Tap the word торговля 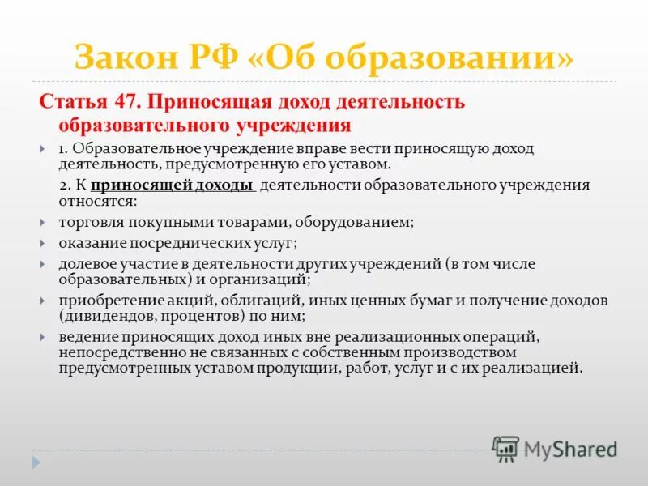pos(88,220)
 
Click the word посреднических pos(192,242)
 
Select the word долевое pos(85,264)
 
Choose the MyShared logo pos(555,448)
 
